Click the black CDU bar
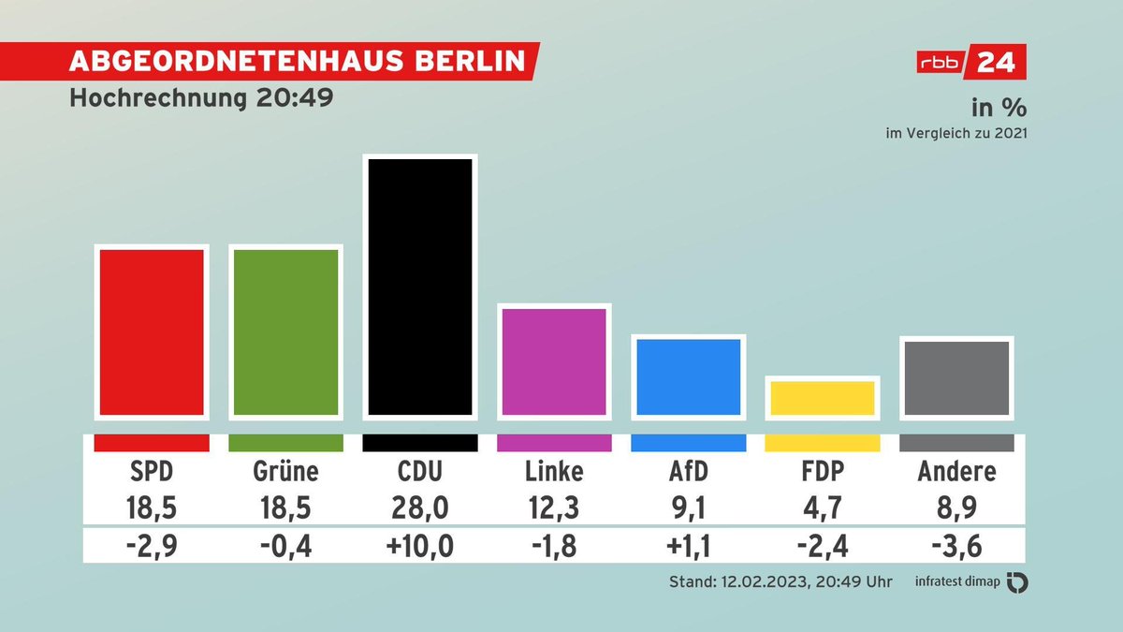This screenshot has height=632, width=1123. [x=420, y=286]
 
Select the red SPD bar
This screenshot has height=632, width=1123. [x=152, y=331]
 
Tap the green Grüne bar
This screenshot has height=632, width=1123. [x=285, y=331]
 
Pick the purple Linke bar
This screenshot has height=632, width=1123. [x=554, y=360]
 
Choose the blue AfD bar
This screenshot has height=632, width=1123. [x=689, y=375]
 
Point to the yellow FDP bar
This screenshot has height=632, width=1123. [x=823, y=397]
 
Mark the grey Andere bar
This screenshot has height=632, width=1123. [x=956, y=377]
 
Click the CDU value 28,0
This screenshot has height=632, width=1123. [x=420, y=508]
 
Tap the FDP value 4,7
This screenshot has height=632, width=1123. [x=823, y=508]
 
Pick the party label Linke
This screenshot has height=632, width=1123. [x=554, y=470]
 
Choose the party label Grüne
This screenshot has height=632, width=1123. [x=285, y=470]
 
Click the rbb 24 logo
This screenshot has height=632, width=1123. [x=970, y=63]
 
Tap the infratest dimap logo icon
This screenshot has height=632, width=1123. [x=1017, y=582]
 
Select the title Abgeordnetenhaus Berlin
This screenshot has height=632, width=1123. [x=298, y=62]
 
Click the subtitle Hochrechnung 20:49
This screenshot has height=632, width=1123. [x=201, y=99]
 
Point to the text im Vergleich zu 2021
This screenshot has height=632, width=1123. [x=956, y=133]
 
